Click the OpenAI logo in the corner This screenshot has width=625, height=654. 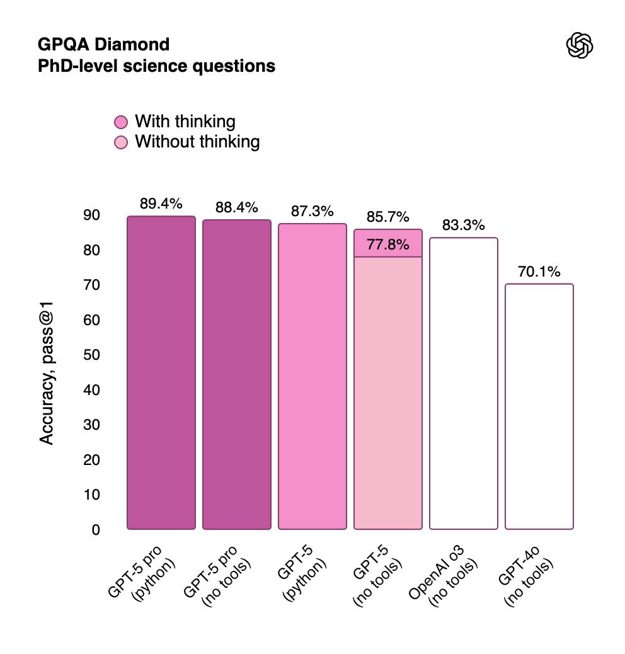click(x=580, y=47)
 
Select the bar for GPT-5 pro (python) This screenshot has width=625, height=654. click(x=161, y=373)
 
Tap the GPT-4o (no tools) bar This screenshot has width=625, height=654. click(x=539, y=406)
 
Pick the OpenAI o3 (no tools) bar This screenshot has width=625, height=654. click(x=464, y=383)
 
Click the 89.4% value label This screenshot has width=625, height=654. click(x=161, y=204)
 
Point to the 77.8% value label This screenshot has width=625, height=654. click(x=388, y=245)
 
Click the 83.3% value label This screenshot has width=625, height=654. click(x=464, y=225)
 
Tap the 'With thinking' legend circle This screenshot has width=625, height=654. click(x=122, y=122)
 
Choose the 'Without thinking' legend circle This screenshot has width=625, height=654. click(x=122, y=142)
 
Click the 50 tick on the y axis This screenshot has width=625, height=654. click(x=92, y=355)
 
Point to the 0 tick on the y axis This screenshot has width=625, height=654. click(x=96, y=530)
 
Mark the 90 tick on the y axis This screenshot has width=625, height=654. click(x=92, y=215)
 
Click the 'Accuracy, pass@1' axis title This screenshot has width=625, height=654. click(x=47, y=372)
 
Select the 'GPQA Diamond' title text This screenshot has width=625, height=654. click(x=104, y=45)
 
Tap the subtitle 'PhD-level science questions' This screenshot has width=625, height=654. click(x=157, y=66)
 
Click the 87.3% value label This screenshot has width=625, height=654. click(x=312, y=211)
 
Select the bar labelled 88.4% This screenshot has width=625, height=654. click(x=237, y=375)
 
